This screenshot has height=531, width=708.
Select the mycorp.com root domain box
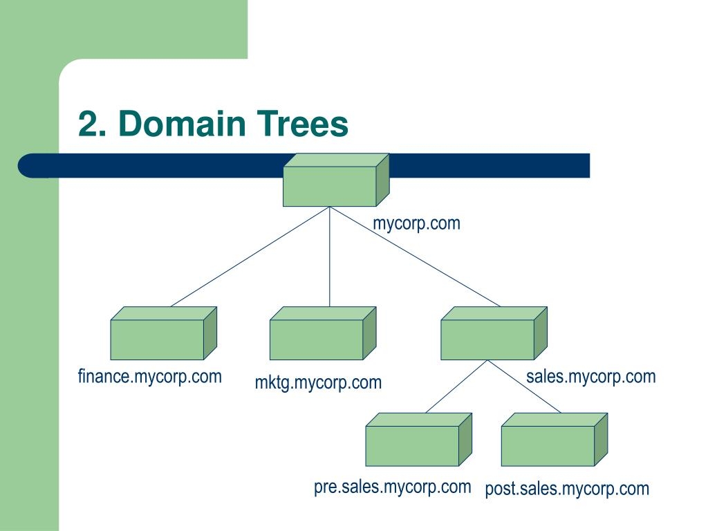(x=330, y=186)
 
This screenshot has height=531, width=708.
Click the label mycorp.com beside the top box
(x=416, y=223)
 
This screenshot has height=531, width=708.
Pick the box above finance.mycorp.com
(x=158, y=339)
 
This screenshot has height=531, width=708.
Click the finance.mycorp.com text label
(x=150, y=377)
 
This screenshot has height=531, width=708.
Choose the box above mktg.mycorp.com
(x=317, y=339)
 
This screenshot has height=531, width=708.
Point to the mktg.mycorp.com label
(x=318, y=382)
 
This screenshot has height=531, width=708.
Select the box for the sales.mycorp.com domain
(x=488, y=339)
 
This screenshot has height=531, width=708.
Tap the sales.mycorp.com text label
(x=590, y=377)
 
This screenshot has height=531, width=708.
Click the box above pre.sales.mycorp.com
(x=413, y=445)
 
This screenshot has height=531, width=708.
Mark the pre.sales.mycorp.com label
(x=392, y=487)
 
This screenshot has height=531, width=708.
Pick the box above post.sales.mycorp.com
(x=548, y=445)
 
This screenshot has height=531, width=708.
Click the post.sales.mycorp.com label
(x=567, y=490)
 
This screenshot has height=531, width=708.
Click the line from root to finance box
(x=250, y=257)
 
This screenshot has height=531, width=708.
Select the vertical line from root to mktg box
(x=330, y=257)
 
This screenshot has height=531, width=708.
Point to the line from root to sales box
(x=415, y=257)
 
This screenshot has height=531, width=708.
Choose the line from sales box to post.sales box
(x=527, y=386)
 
